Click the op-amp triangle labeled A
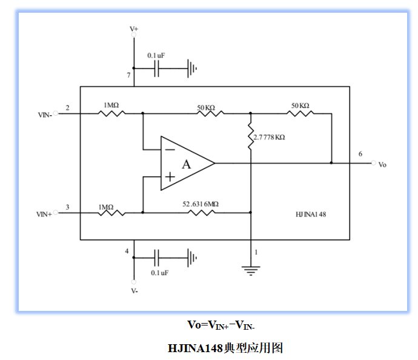click(185, 164)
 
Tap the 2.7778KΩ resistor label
click(270, 138)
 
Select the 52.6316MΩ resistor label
click(201, 204)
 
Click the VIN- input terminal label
click(44, 113)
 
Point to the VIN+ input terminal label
click(44, 213)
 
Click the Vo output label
click(382, 165)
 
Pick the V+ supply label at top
click(134, 28)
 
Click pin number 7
click(128, 75)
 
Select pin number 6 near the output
click(360, 154)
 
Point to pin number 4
click(127, 250)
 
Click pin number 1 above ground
click(256, 251)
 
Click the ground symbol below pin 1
click(250, 270)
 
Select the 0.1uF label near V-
click(159, 273)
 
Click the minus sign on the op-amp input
click(170, 148)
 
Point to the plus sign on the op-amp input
click(170, 177)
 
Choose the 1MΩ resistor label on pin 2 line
click(111, 105)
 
